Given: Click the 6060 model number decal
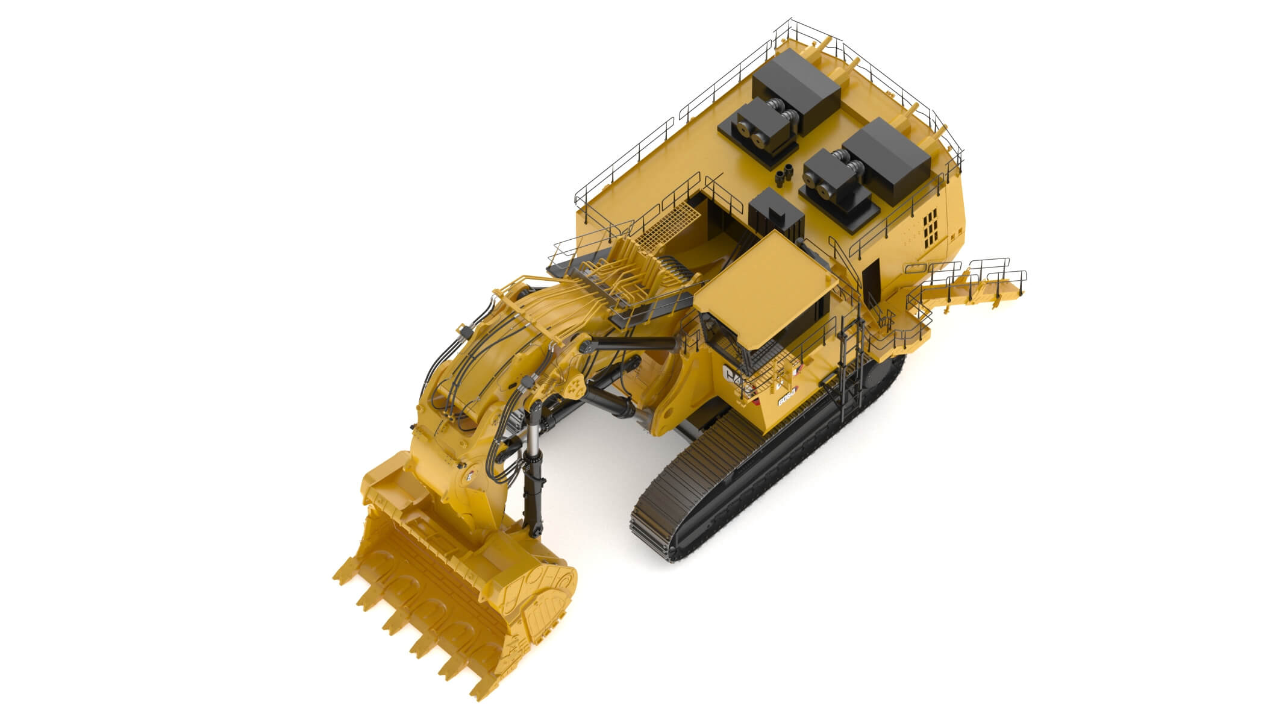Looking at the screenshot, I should tap(787, 398).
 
